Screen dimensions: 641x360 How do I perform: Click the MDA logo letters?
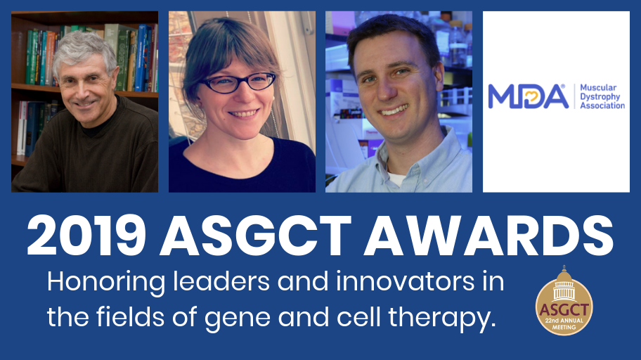click(x=528, y=96)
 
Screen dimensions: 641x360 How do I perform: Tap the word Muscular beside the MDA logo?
click(x=598, y=88)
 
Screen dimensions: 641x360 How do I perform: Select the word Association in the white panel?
click(x=602, y=105)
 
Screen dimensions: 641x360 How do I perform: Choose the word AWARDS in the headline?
click(x=489, y=236)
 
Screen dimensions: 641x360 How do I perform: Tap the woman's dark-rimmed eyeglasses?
click(x=238, y=82)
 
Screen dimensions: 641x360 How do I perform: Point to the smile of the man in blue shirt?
click(x=394, y=110)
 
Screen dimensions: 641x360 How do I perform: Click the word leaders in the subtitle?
click(x=221, y=281)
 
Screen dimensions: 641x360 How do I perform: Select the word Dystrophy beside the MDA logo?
click(x=600, y=97)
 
